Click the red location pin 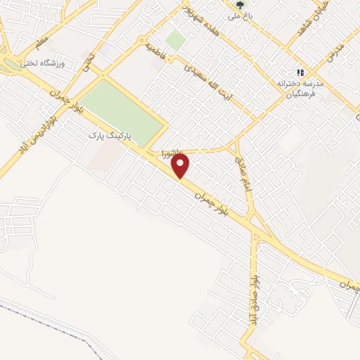181,165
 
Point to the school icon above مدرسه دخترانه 301,72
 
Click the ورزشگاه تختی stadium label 60,64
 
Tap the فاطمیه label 155,51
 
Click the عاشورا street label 172,152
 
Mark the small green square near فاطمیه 176,40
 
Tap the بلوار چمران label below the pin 212,198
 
